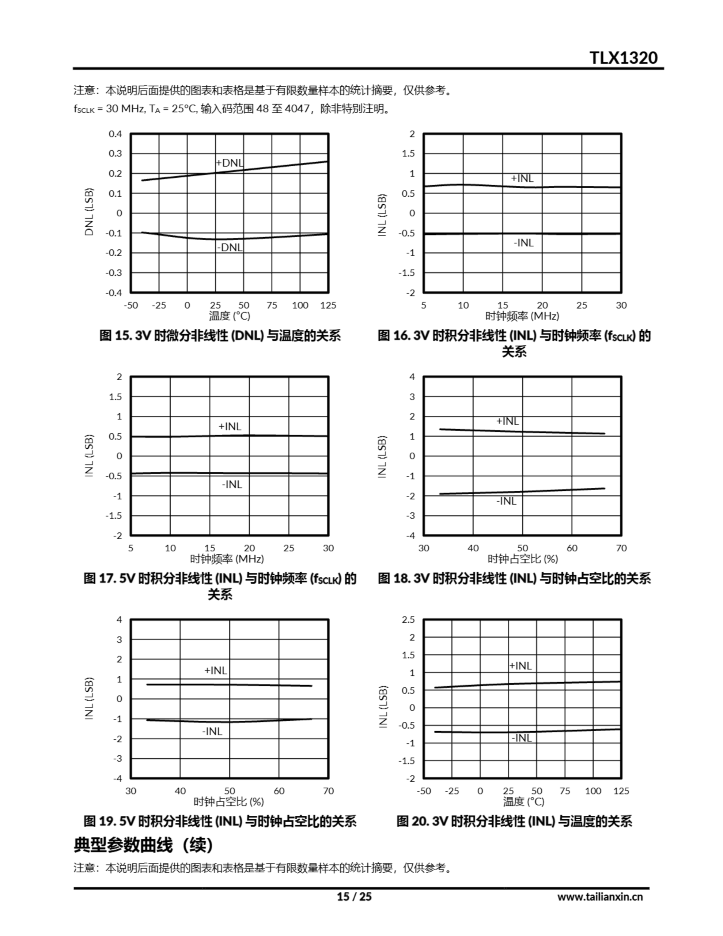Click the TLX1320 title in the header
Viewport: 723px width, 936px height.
click(623, 58)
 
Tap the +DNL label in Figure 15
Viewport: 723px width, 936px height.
click(230, 163)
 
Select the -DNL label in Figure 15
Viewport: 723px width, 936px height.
click(230, 247)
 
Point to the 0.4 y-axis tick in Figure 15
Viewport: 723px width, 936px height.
click(115, 134)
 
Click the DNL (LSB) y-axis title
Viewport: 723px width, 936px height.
click(89, 212)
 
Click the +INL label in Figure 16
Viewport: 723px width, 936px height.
click(522, 178)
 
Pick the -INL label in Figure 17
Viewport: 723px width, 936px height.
click(232, 484)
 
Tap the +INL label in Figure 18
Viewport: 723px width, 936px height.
click(507, 421)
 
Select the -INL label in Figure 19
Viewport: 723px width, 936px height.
click(212, 732)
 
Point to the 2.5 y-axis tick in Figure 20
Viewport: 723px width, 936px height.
click(408, 620)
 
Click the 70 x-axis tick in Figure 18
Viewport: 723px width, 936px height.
click(621, 548)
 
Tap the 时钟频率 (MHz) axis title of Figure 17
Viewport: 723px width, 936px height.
click(227, 559)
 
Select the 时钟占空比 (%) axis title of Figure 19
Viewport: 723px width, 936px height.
click(228, 801)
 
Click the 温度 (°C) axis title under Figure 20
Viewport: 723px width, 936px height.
click(523, 801)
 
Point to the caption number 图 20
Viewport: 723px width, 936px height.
click(413, 822)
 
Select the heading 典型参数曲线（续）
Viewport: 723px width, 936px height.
click(143, 846)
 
